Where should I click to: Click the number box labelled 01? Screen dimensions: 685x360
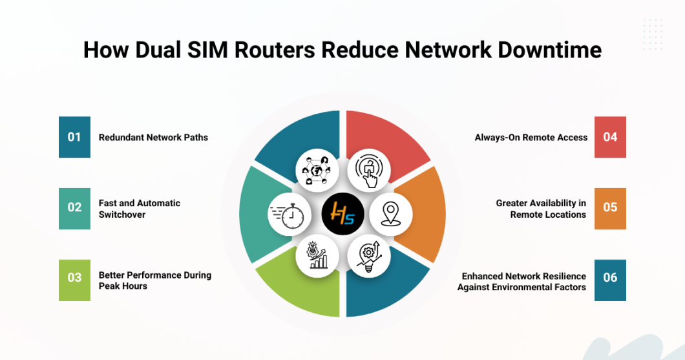[75, 137]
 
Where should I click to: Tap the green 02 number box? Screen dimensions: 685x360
[75, 209]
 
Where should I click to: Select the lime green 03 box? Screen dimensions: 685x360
[75, 281]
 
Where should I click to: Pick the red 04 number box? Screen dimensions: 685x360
[610, 137]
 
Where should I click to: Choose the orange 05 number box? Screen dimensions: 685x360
[610, 209]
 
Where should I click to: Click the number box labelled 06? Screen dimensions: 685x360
[610, 281]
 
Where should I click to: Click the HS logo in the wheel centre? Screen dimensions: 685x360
[343, 214]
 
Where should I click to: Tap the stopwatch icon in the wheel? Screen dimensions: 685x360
[290, 215]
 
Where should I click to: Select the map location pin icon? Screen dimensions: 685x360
[390, 214]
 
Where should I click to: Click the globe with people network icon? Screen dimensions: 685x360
[317, 171]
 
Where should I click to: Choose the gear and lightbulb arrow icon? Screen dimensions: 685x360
[369, 257]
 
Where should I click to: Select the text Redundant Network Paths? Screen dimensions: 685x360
[153, 137]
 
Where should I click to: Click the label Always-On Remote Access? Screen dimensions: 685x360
[531, 137]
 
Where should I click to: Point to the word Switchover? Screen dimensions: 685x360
[122, 215]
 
